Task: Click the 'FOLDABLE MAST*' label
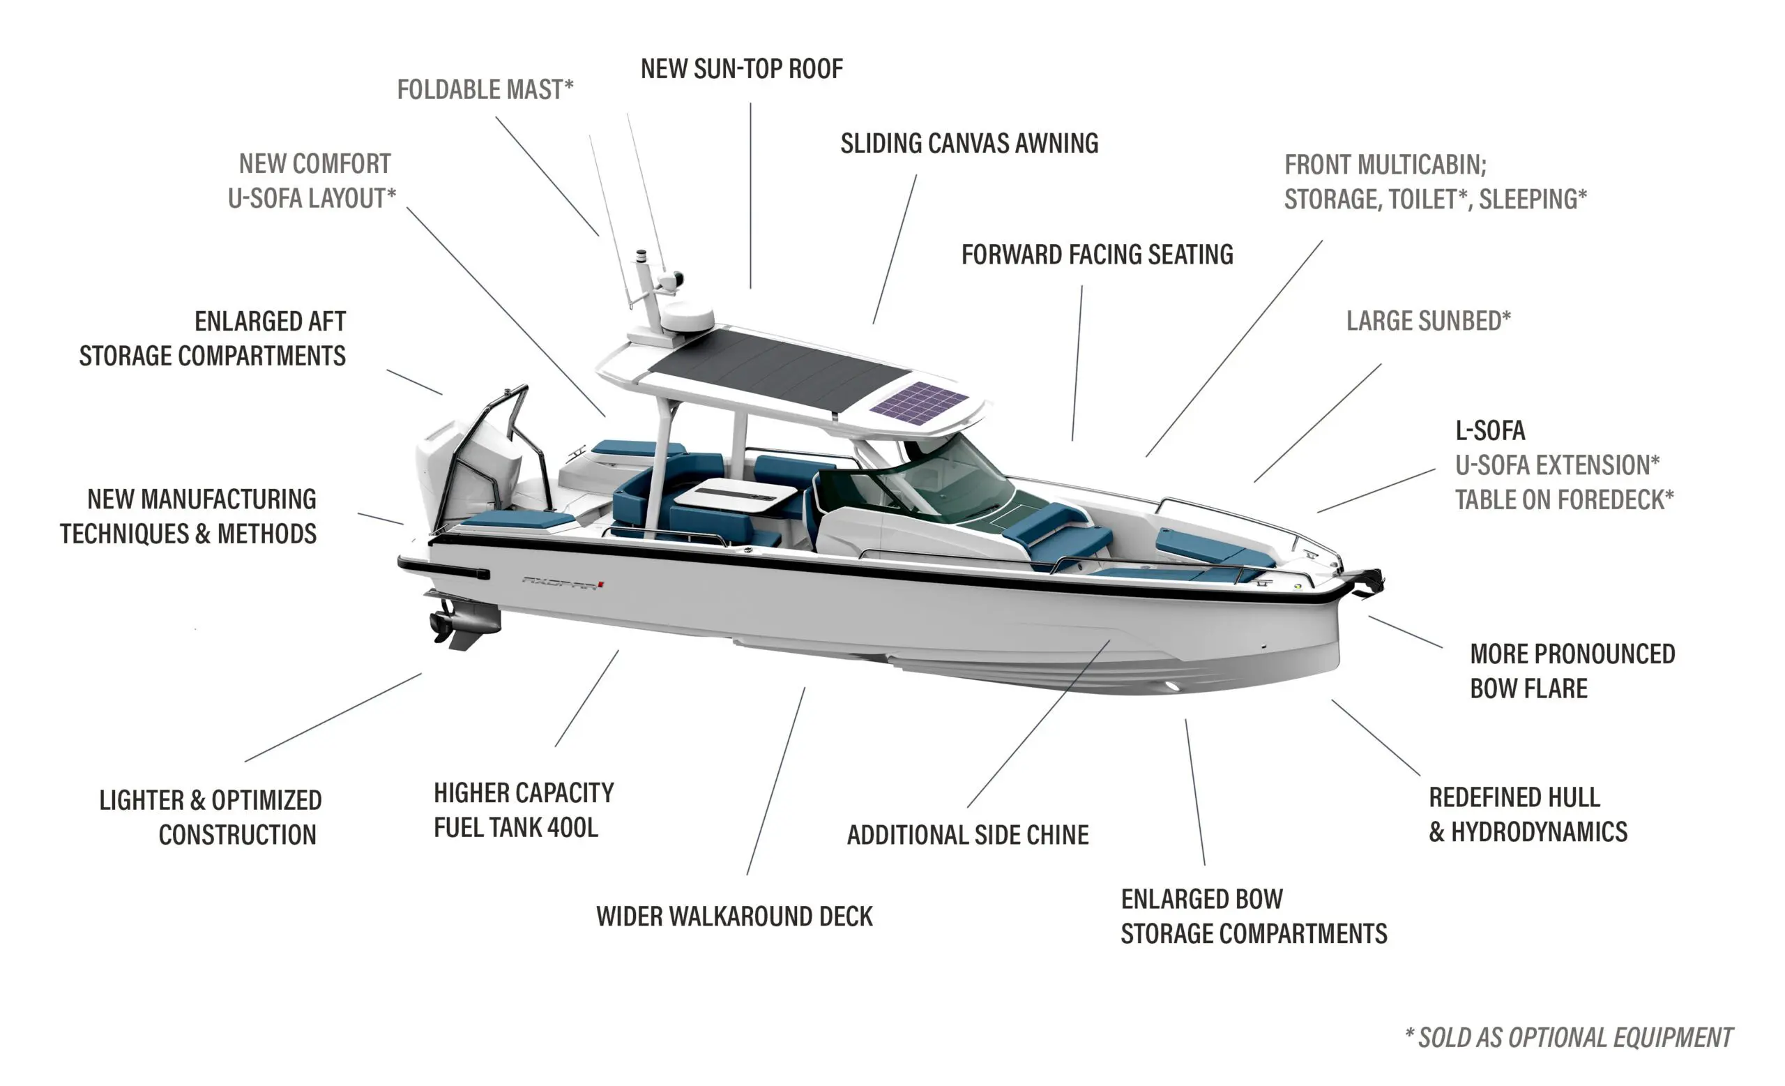tap(485, 90)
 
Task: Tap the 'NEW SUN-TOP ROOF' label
tap(741, 69)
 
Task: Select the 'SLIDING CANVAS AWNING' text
tap(969, 144)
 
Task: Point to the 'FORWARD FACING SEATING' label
tap(1097, 255)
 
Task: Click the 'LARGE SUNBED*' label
tap(1428, 321)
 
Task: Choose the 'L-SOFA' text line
tap(1489, 431)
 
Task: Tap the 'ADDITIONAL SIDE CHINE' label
tap(967, 836)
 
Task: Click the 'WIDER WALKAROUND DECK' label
tap(734, 917)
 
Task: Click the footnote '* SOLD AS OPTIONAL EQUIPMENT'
tap(1568, 1038)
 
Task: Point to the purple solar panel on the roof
tap(918, 403)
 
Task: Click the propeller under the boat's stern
tap(442, 625)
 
